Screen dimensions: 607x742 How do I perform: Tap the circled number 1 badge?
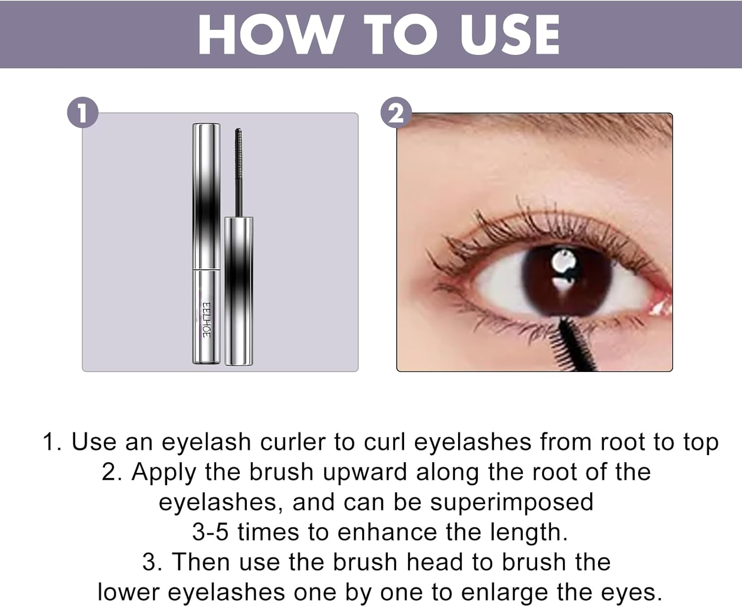[83, 113]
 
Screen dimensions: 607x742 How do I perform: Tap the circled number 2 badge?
[396, 114]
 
